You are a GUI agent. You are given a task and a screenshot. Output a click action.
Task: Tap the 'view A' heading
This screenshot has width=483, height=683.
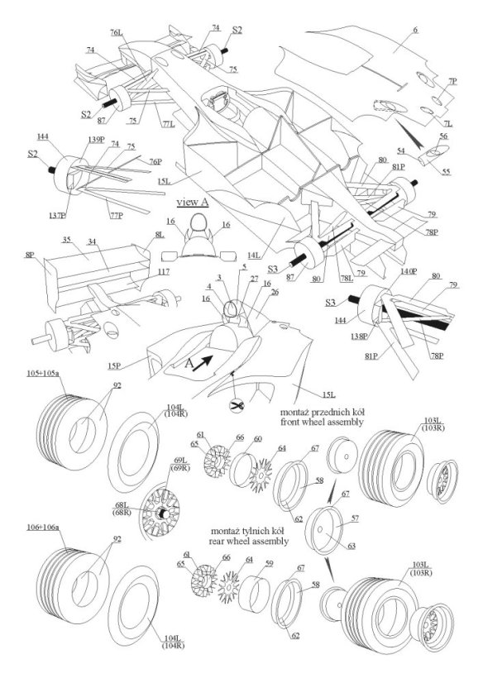192,201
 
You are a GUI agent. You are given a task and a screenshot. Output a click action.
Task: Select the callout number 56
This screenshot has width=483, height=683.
442,135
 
